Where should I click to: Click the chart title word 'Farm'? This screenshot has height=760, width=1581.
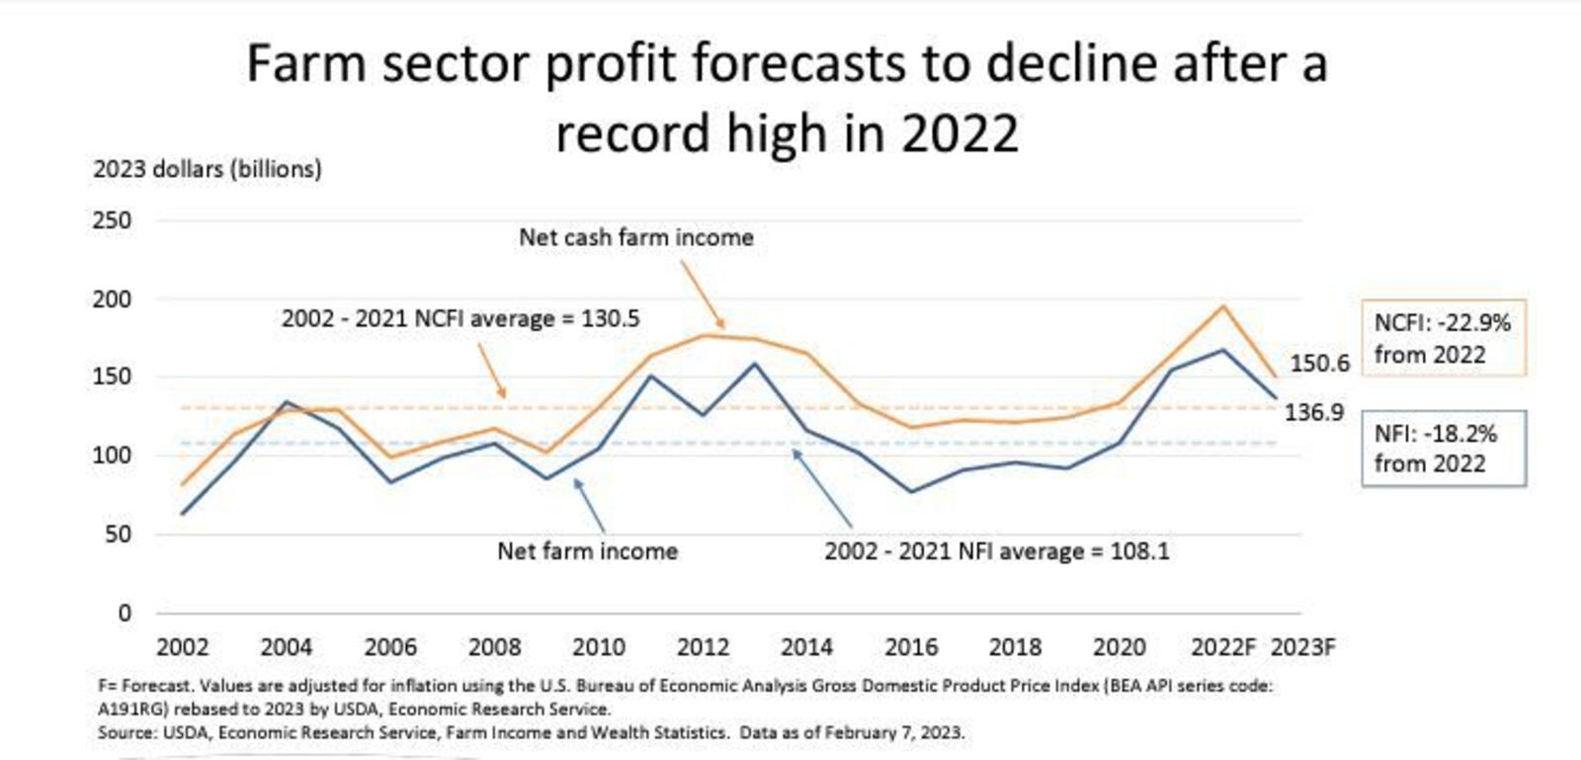(306, 64)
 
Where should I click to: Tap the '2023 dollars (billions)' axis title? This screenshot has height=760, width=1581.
(208, 169)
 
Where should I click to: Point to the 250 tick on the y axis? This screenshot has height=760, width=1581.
(112, 220)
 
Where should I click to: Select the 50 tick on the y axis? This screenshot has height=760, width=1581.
(117, 535)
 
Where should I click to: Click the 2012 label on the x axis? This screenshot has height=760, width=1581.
(703, 647)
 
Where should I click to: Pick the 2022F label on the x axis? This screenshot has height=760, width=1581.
(1223, 647)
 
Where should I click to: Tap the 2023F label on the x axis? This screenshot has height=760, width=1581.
(1302, 647)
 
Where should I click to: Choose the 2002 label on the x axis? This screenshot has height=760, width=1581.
(183, 647)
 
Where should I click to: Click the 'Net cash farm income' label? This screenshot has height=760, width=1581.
(636, 237)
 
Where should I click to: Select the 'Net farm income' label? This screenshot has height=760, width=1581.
(587, 551)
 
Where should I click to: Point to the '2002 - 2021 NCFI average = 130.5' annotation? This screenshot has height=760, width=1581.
(460, 319)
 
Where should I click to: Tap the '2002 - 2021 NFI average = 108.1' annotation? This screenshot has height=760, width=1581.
(997, 551)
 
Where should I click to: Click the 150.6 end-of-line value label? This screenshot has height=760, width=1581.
(1319, 363)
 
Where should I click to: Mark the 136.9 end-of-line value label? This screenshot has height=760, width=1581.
(1314, 412)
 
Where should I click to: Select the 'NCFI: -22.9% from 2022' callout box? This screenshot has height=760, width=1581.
(1443, 338)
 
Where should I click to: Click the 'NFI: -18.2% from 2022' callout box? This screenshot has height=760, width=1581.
(1443, 449)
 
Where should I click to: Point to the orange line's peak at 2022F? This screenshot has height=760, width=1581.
(1223, 305)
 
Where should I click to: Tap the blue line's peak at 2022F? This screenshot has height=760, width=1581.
(1223, 350)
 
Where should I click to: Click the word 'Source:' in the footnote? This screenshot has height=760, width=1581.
(126, 732)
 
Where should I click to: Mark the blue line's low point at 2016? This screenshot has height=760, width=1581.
(911, 491)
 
